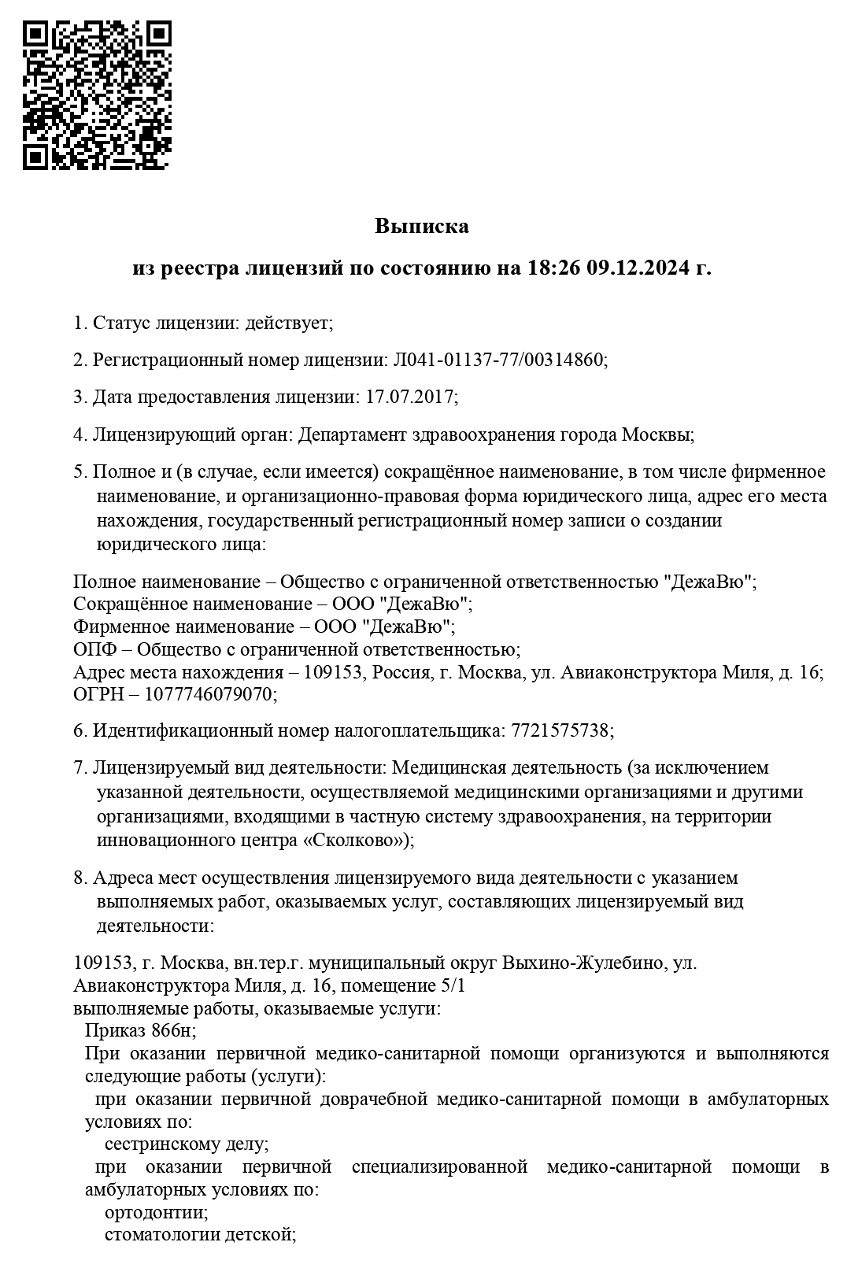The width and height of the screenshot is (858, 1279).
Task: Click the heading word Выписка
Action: pyautogui.click(x=421, y=227)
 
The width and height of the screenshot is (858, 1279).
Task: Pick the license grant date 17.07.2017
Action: pyautogui.click(x=409, y=397)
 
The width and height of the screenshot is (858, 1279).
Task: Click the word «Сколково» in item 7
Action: pyautogui.click(x=353, y=840)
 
